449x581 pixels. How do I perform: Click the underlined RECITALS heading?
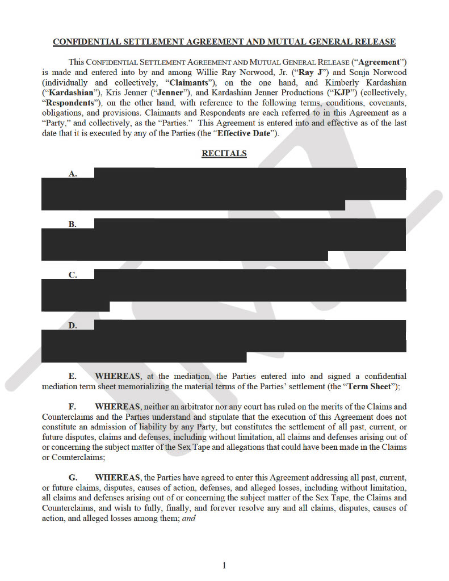224,154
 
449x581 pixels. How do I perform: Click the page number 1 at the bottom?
224,565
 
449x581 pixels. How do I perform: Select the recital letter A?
73,174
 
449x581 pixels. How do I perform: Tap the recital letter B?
73,224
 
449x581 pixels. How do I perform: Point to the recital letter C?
73,275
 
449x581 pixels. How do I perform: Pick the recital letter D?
73,326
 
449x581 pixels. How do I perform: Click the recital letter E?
73,376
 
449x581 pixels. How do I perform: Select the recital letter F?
73,406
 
